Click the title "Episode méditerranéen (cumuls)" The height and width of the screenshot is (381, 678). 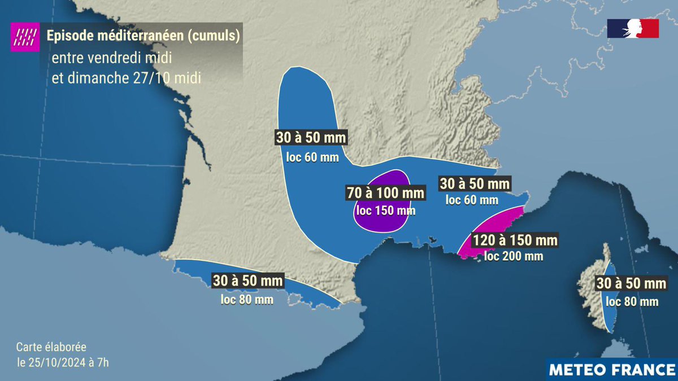(x=144, y=37)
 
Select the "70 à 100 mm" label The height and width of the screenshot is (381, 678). (x=385, y=194)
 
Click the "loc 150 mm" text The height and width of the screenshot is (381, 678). (x=385, y=211)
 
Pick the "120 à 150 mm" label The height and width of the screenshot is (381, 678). (x=515, y=240)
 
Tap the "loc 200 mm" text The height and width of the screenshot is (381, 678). (x=515, y=256)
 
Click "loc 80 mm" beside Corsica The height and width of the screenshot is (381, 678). (x=632, y=301)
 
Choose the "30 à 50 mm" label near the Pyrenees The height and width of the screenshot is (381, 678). (x=247, y=281)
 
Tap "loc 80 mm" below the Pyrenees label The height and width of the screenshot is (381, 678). (x=247, y=299)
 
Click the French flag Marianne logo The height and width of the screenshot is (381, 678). (x=633, y=28)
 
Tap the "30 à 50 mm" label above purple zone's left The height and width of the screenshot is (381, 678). (x=311, y=138)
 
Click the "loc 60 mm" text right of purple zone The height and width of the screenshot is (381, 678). (x=472, y=199)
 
